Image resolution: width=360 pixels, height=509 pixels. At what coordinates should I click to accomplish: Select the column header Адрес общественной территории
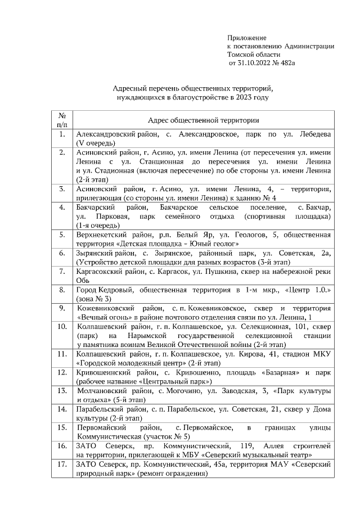(x=203, y=120)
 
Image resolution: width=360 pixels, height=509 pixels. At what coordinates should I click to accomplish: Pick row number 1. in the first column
(x=62, y=136)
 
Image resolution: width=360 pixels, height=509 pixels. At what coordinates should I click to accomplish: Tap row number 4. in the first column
(x=62, y=208)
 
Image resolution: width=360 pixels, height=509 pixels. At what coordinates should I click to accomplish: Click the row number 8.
(x=62, y=289)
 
